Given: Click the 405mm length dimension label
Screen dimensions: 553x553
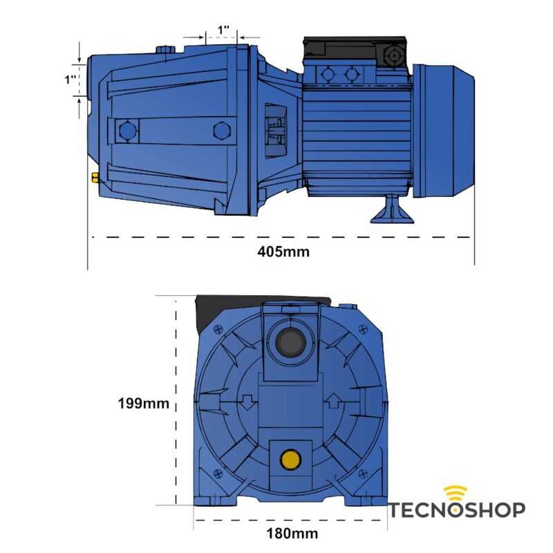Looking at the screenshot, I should coord(283,252).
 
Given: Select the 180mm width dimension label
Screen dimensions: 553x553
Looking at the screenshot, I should coord(292,533).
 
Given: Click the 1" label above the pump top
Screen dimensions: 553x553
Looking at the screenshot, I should coord(223,30).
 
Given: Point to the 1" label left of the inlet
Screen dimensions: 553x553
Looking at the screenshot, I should coord(70,79).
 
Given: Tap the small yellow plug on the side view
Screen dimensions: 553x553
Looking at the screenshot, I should coord(93,178).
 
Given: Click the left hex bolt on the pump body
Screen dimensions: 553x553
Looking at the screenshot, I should coord(126,130).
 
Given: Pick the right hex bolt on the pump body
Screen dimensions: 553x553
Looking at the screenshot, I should coord(221,130).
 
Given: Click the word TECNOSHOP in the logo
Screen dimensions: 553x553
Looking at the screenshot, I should coord(456,511).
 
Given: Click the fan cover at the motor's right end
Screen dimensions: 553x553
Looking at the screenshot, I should coord(444,129).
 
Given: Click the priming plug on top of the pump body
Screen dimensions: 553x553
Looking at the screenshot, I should coord(166,49).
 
